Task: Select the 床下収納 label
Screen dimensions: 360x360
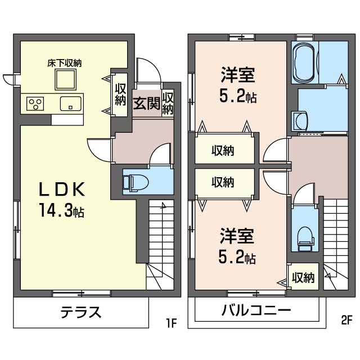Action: tap(64, 63)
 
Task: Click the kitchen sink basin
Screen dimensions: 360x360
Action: tap(71, 103)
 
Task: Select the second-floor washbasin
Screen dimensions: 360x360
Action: tap(299, 120)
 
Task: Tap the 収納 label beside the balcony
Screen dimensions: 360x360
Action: tap(304, 278)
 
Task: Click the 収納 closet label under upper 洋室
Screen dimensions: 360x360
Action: tap(223, 151)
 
